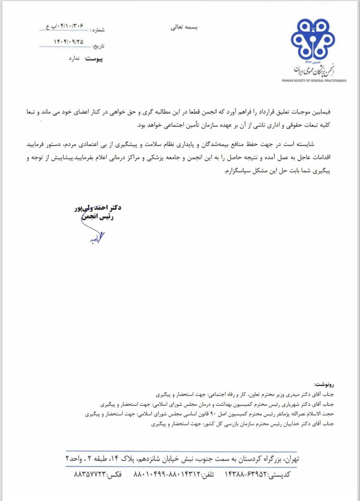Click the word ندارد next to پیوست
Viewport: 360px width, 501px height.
pyautogui.click(x=74, y=58)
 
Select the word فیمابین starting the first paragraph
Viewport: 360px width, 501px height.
pyautogui.click(x=321, y=112)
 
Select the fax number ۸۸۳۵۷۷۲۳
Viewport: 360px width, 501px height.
pyautogui.click(x=90, y=474)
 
